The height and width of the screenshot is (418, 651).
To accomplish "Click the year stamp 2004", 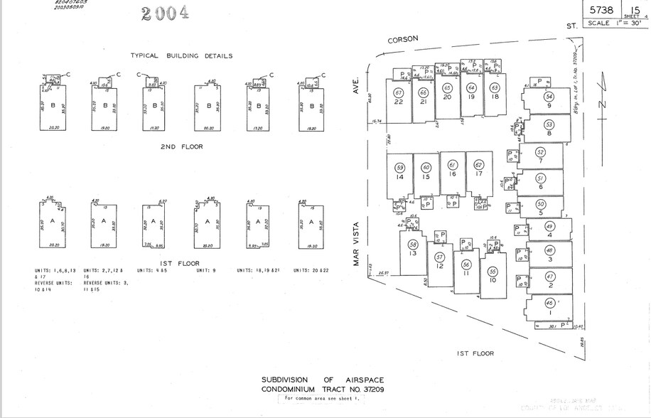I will [166, 14].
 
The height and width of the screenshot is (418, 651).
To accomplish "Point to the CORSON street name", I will [402, 40].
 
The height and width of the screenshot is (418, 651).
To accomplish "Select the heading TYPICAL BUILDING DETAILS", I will [181, 55].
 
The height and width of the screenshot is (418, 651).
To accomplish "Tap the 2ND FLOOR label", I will [181, 146].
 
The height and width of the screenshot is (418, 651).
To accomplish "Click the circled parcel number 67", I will [399, 93].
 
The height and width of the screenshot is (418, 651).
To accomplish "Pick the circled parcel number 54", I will [549, 97].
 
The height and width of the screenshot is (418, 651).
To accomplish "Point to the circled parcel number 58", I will [414, 245].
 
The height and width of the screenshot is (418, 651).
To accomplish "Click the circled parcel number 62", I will [478, 165].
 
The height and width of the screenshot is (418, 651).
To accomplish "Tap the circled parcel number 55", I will [493, 272].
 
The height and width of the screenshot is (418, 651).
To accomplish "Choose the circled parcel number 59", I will [400, 168].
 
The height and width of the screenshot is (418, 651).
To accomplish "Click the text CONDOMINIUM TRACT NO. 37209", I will [323, 390].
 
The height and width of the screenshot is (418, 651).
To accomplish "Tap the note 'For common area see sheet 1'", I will [324, 399].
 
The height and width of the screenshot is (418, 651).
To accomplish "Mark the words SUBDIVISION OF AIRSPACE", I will [323, 380].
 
